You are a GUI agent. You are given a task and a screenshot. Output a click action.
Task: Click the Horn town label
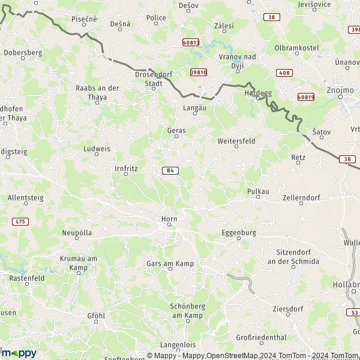[169, 219]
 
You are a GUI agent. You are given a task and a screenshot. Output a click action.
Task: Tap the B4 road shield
[170, 170]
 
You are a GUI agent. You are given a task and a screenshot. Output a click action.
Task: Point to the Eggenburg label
[239, 232]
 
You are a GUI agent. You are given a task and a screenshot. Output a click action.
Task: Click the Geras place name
[176, 130]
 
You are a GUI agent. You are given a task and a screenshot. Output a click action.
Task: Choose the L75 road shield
[21, 221]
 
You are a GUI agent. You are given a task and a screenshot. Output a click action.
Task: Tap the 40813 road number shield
[191, 43]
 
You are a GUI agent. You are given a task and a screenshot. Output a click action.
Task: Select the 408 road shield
[284, 73]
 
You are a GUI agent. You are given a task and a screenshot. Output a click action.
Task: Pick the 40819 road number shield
[305, 96]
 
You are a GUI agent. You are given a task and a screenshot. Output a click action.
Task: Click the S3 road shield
[355, 313]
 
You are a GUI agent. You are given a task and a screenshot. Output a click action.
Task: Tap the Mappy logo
[18, 353]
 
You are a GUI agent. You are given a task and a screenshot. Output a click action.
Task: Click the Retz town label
[298, 157]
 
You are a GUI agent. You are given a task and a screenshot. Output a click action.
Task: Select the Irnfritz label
[126, 169]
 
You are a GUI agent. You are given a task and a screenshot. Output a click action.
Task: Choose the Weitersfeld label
[236, 140]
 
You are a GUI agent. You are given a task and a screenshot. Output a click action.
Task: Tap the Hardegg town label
[259, 94]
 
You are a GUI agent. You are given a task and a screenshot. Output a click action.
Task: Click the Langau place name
[194, 108]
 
